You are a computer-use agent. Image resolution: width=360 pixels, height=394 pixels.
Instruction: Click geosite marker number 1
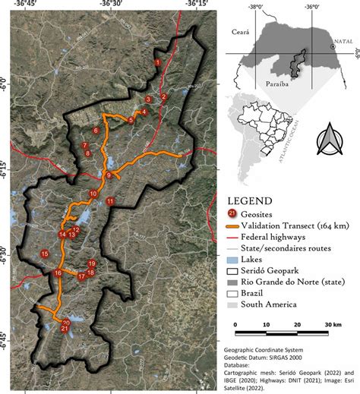157,61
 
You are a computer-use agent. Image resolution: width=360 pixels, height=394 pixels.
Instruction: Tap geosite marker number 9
109,176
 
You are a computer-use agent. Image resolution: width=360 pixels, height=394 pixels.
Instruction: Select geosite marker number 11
110,201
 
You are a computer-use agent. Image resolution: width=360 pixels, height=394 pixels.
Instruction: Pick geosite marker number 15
45,254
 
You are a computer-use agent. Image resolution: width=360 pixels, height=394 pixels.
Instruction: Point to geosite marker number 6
96,131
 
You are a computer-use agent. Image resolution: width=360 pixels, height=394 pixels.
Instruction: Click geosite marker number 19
91,263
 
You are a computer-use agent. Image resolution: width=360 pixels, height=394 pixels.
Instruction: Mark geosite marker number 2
163,96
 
